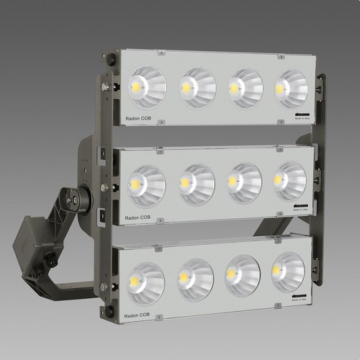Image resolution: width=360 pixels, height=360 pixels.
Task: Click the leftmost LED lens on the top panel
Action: coord(148,87)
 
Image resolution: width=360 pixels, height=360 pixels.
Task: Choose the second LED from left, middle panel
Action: coord(197,184)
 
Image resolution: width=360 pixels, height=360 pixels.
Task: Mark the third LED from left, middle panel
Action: coord(244,182)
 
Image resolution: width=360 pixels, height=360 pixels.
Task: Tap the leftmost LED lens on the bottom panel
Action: coord(146,282)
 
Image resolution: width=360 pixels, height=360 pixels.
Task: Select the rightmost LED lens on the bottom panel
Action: coord(287,271)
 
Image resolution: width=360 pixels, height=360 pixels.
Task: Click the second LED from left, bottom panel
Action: coord(195,279)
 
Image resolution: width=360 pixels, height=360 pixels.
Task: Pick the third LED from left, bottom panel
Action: coord(243,275)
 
